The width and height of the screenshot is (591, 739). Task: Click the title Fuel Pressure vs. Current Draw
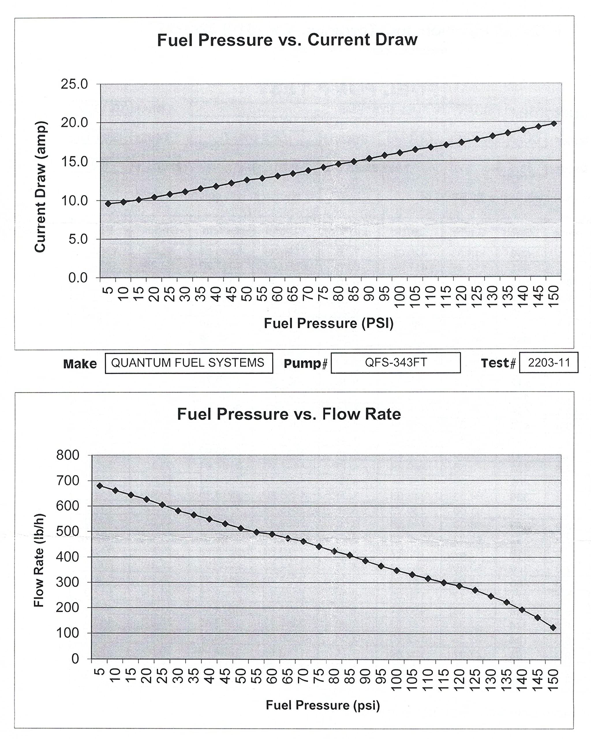(287, 40)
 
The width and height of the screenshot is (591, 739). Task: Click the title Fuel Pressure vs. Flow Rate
(289, 414)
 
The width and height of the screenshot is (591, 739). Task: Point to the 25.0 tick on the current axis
(74, 84)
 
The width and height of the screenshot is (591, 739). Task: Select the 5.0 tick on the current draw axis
(78, 239)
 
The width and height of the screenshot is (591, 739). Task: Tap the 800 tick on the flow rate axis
(68, 455)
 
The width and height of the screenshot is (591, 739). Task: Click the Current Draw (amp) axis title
(40, 187)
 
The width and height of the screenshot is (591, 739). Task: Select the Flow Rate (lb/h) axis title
(39, 560)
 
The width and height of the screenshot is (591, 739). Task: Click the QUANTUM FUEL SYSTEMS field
(188, 363)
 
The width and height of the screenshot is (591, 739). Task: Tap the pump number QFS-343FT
(396, 363)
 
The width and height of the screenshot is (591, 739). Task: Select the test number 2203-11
(549, 363)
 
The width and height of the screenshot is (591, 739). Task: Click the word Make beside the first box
(80, 364)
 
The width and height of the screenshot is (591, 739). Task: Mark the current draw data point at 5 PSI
(108, 204)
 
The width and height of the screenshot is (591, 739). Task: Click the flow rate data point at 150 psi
(553, 628)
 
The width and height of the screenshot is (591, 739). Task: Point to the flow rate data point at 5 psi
(100, 486)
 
